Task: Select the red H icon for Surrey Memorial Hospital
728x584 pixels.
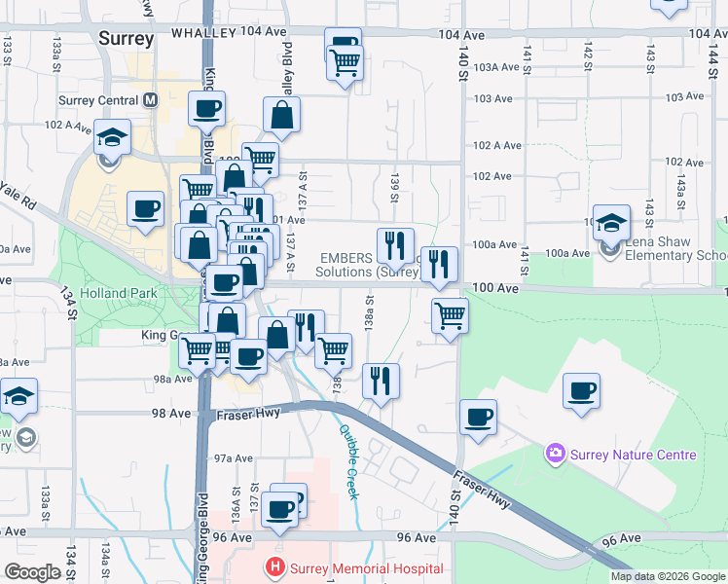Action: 276,567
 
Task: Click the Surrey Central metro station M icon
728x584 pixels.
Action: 151,100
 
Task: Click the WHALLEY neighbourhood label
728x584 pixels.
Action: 203,33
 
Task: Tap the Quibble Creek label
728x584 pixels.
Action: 347,460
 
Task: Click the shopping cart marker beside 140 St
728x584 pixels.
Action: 450,315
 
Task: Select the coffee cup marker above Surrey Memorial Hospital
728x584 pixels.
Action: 280,508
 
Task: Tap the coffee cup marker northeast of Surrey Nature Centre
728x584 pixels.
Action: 582,390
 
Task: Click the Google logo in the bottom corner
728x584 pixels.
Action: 32,572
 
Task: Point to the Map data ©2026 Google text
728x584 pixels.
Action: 668,576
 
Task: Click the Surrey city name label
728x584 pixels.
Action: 127,39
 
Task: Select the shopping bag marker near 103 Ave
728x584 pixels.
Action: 281,115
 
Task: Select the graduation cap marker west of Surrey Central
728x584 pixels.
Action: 113,136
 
